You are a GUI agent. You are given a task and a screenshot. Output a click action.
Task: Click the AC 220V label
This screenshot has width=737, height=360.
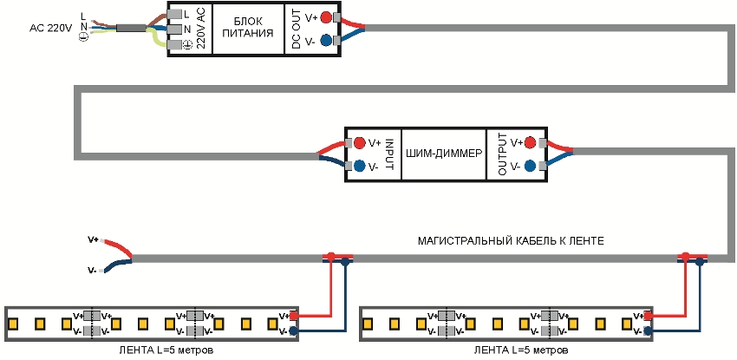(49, 28)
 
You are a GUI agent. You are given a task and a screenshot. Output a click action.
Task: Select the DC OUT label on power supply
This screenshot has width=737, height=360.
(296, 29)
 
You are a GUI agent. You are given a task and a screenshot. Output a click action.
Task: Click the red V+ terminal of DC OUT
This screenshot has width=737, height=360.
(325, 17)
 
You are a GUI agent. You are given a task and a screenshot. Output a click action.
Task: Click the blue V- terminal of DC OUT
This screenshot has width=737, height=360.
(325, 41)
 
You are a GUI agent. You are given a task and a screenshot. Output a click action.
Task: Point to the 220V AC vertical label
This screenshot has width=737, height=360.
(201, 29)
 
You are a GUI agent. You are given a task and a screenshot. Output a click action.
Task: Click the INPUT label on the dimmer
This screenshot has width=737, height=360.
(390, 154)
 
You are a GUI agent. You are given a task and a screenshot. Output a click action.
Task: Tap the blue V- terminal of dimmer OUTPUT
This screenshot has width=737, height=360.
(528, 166)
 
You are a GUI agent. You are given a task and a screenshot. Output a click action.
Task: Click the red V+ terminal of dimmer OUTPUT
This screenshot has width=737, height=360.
(528, 142)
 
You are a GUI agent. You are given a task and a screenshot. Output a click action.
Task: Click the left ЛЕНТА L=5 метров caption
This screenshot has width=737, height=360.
(166, 351)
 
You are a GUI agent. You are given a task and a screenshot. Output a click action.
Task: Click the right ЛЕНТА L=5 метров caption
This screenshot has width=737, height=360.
(522, 351)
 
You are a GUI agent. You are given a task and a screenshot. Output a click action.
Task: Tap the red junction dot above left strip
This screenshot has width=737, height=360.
(330, 257)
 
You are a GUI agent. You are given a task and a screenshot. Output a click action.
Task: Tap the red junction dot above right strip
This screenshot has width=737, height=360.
(685, 257)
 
